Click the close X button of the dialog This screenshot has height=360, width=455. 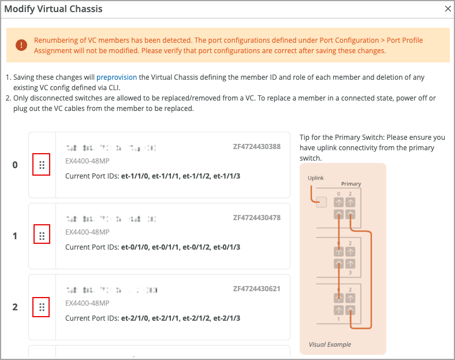(447, 9)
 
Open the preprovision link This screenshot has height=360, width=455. (117, 77)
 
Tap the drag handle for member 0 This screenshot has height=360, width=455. (42, 165)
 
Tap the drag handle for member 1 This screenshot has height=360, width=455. (42, 236)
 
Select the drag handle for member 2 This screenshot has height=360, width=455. (42, 307)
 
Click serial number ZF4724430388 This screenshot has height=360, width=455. (256, 147)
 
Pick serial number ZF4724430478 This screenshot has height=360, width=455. (256, 218)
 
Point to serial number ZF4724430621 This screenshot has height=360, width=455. (256, 288)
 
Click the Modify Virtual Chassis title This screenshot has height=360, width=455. (53, 9)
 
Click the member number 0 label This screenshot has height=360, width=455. (15, 165)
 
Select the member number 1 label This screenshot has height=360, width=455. (15, 236)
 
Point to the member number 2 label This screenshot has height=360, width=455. (15, 307)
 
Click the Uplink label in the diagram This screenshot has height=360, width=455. (316, 178)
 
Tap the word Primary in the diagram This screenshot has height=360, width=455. (351, 184)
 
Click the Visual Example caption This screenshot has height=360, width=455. (330, 344)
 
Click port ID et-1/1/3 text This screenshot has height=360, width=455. (227, 175)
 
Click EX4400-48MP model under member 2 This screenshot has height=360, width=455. (87, 303)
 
